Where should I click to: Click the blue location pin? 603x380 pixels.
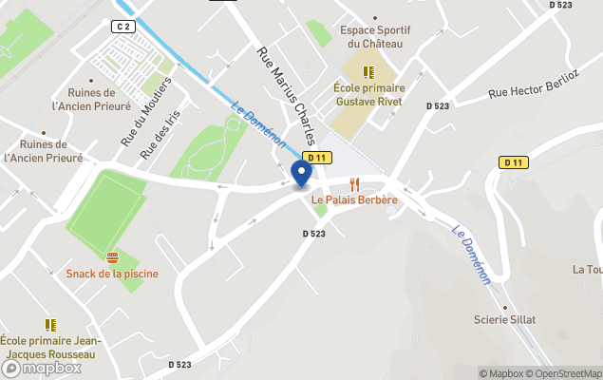302,174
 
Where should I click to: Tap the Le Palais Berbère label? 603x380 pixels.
354,200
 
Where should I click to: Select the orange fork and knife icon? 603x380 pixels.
355,183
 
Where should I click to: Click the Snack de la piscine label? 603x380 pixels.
112,274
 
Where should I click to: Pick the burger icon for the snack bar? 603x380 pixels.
112,258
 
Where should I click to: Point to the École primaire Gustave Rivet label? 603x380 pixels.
368,94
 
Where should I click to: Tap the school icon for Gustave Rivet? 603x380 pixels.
368,71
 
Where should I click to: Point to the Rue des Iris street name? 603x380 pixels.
159,138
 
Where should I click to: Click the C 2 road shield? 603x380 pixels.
123,27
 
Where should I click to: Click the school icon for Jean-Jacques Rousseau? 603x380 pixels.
50,324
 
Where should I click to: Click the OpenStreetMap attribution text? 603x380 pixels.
566,373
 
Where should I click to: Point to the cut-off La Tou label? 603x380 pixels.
587,269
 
